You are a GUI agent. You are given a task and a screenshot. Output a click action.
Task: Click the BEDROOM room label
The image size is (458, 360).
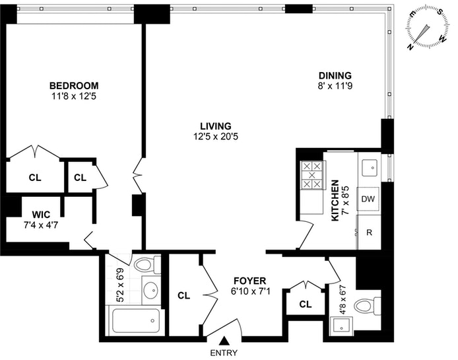point(75,85)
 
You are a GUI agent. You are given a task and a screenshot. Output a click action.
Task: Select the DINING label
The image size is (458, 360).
point(336,75)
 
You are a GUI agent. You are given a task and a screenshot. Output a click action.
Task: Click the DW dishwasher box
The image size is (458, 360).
point(368,199)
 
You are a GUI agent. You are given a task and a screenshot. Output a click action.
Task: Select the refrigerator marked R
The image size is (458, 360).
point(368,233)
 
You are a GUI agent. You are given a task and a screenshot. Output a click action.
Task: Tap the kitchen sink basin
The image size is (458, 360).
point(370,166)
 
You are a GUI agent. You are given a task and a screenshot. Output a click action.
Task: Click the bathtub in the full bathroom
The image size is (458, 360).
point(135,322)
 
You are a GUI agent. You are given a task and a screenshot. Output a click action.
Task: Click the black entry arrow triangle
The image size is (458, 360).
point(224,341)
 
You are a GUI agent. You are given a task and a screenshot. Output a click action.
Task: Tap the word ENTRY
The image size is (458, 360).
point(224,353)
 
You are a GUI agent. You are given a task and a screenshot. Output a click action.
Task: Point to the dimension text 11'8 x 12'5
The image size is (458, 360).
point(75,96)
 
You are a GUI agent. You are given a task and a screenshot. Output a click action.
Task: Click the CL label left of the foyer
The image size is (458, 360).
point(183,295)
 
